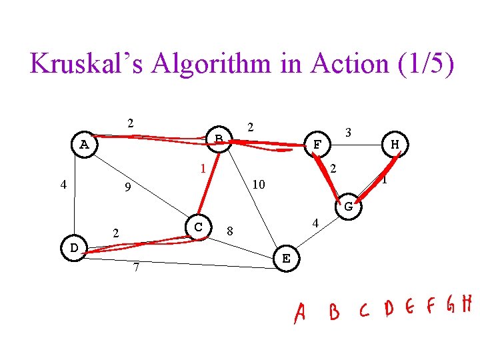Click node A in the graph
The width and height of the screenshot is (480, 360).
pos(84,144)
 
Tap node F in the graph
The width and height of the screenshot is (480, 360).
pos(317,144)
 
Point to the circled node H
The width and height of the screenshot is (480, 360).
pos(395,144)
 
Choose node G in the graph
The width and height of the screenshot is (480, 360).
pos(348,207)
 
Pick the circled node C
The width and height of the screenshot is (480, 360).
pos(198,227)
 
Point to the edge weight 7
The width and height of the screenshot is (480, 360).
pos(135,268)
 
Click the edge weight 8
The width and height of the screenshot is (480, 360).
pos(229,232)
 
